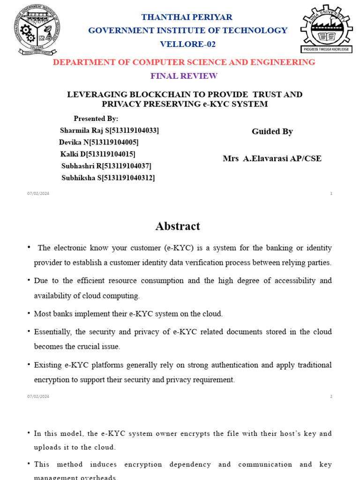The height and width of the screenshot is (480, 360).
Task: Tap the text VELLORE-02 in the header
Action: tap(187, 44)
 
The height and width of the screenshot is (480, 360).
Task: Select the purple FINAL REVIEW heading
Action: tap(184, 76)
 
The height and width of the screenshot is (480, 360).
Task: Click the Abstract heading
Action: tap(178, 226)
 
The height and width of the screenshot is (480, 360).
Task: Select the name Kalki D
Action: tap(72, 154)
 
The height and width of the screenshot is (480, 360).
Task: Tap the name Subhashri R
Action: tap(81, 166)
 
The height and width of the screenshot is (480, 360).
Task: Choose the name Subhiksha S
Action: tap(81, 178)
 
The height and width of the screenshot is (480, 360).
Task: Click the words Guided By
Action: tap(272, 132)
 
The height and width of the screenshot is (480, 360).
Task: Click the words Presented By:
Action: tap(96, 119)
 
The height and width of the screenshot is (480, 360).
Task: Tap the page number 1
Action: tap(331, 194)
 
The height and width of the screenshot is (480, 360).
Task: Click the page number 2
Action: tap(331, 397)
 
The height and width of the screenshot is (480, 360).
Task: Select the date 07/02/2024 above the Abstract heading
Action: tap(38, 194)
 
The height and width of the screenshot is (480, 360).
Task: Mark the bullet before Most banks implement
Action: tap(29, 314)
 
